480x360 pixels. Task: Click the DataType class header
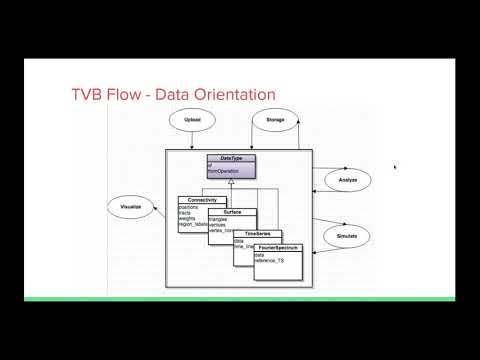pos(230,158)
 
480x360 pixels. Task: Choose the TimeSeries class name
pos(258,233)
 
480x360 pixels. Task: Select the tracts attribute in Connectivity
pos(185,214)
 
